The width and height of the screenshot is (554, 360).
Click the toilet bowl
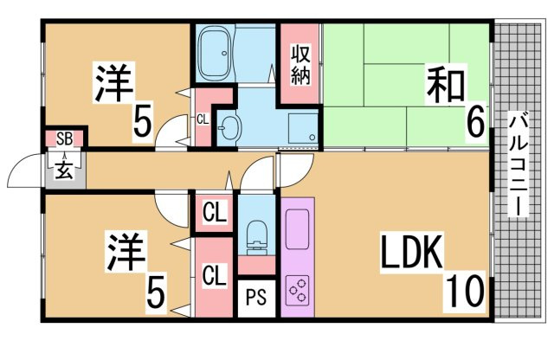[255, 232]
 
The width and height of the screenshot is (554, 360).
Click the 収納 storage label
[299, 62]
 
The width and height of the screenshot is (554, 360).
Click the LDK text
[414, 253]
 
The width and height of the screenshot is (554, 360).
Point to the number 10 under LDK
[465, 294]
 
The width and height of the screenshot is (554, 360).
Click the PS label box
[257, 299]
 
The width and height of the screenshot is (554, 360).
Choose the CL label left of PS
[212, 277]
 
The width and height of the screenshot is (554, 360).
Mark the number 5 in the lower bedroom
[155, 294]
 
